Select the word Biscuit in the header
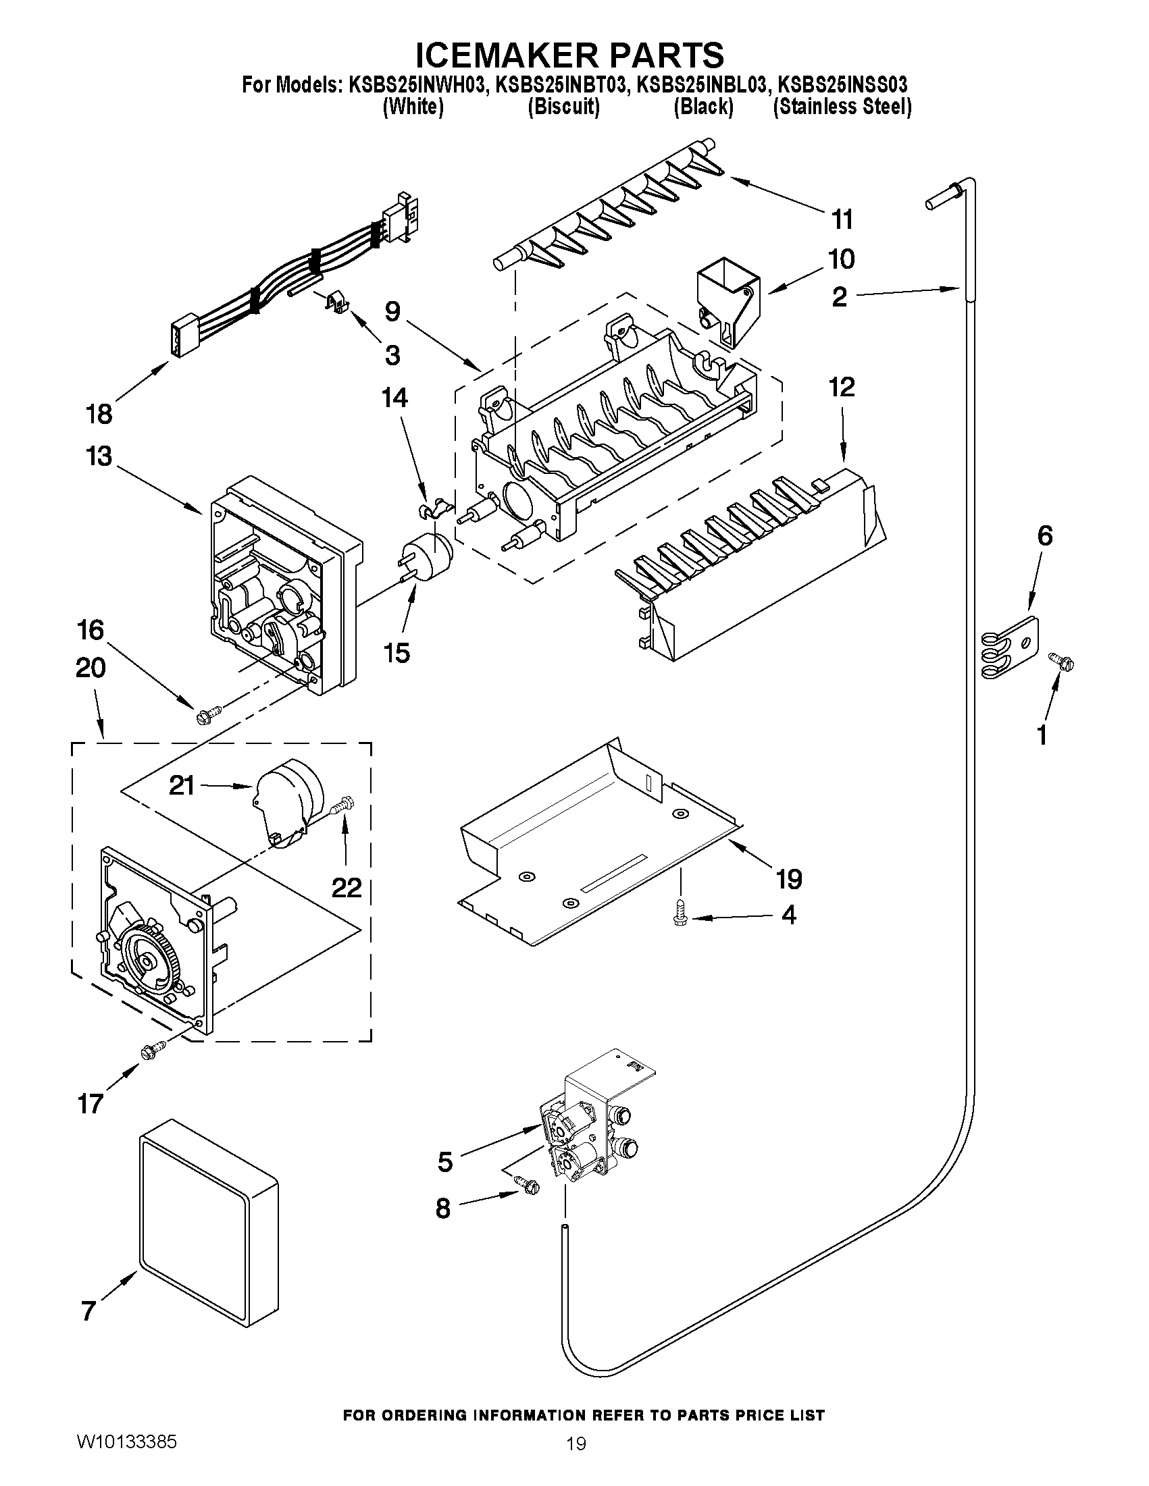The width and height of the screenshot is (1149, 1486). point(563,107)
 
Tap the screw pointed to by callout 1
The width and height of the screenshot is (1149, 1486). point(1061,660)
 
